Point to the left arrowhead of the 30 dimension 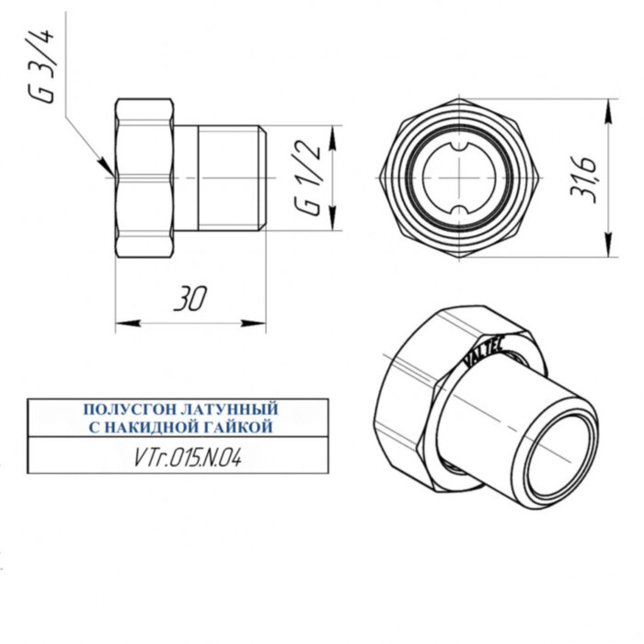[x=125, y=323]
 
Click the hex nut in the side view [x=144, y=178]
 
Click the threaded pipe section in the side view [x=230, y=178]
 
